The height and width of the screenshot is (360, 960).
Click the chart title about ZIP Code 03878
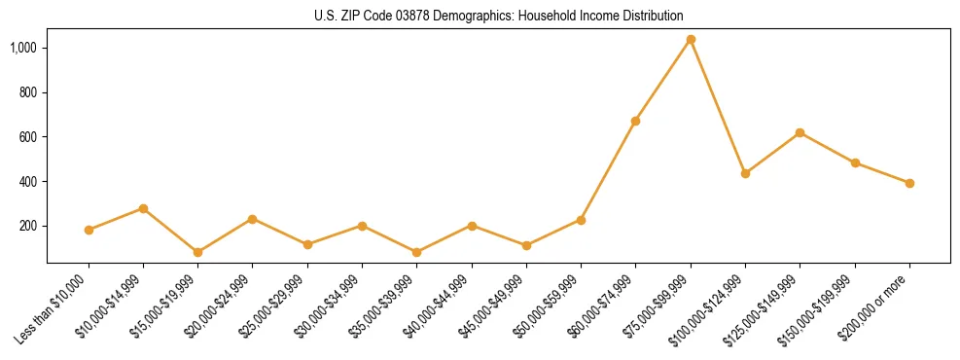[x=498, y=16]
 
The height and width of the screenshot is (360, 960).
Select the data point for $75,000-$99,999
[x=691, y=40]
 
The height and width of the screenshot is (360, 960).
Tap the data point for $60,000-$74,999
[x=635, y=121]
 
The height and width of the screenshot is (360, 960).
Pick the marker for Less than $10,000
[x=89, y=230]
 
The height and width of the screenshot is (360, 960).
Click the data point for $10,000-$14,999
[x=143, y=208]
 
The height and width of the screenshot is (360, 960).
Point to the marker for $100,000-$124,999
[x=745, y=173]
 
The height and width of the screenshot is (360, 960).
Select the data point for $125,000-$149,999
[x=800, y=132]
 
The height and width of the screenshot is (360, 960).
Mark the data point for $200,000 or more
[x=909, y=183]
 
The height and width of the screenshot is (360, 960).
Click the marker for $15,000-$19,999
[x=197, y=252]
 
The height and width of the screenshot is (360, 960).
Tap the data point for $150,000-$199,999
[x=855, y=162]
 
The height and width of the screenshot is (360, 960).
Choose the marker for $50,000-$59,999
[x=581, y=220]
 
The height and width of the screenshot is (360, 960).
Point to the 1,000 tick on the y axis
[x=23, y=48]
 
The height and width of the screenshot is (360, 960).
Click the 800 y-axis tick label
[x=28, y=92]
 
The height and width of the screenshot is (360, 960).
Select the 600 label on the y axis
[x=28, y=137]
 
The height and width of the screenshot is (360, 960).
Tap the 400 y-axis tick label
[x=28, y=182]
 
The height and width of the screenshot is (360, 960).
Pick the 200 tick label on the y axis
[x=28, y=227]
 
